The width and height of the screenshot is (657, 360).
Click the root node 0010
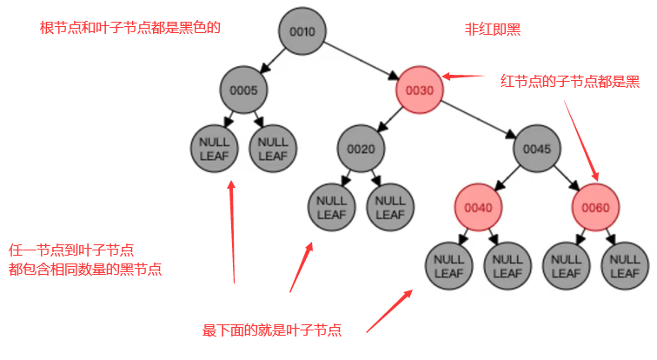click(x=302, y=32)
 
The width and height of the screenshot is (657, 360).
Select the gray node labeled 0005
click(x=243, y=90)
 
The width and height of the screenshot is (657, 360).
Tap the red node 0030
click(x=420, y=90)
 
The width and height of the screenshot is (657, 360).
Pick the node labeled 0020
click(x=361, y=149)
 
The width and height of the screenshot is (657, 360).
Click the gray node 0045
click(x=537, y=149)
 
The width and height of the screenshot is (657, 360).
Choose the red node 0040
click(x=478, y=207)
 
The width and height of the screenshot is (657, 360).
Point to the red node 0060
click(x=596, y=207)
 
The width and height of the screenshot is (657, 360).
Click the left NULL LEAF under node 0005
click(x=214, y=149)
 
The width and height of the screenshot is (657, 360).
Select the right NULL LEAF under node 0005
click(x=273, y=149)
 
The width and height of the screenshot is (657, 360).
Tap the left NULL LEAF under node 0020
click(x=331, y=207)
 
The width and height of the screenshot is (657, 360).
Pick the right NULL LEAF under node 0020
click(x=390, y=207)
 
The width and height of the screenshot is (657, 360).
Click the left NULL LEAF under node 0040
click(x=449, y=265)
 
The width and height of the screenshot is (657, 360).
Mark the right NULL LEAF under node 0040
click(x=508, y=265)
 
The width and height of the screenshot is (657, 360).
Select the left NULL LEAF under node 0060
click(x=567, y=265)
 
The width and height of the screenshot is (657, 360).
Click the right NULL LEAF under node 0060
click(x=625, y=265)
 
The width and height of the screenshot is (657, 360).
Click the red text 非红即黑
click(x=493, y=28)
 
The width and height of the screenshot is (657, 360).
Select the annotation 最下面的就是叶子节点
click(x=272, y=330)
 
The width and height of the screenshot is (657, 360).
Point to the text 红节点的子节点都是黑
click(x=570, y=81)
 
